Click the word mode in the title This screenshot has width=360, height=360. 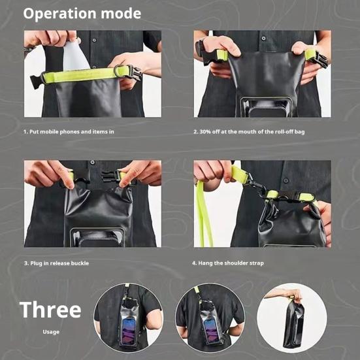point(121,14)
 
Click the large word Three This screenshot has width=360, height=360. point(50,310)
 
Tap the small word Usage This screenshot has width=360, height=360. point(51,332)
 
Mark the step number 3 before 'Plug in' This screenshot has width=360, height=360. point(26,263)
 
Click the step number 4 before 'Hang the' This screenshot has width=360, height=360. point(194,263)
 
